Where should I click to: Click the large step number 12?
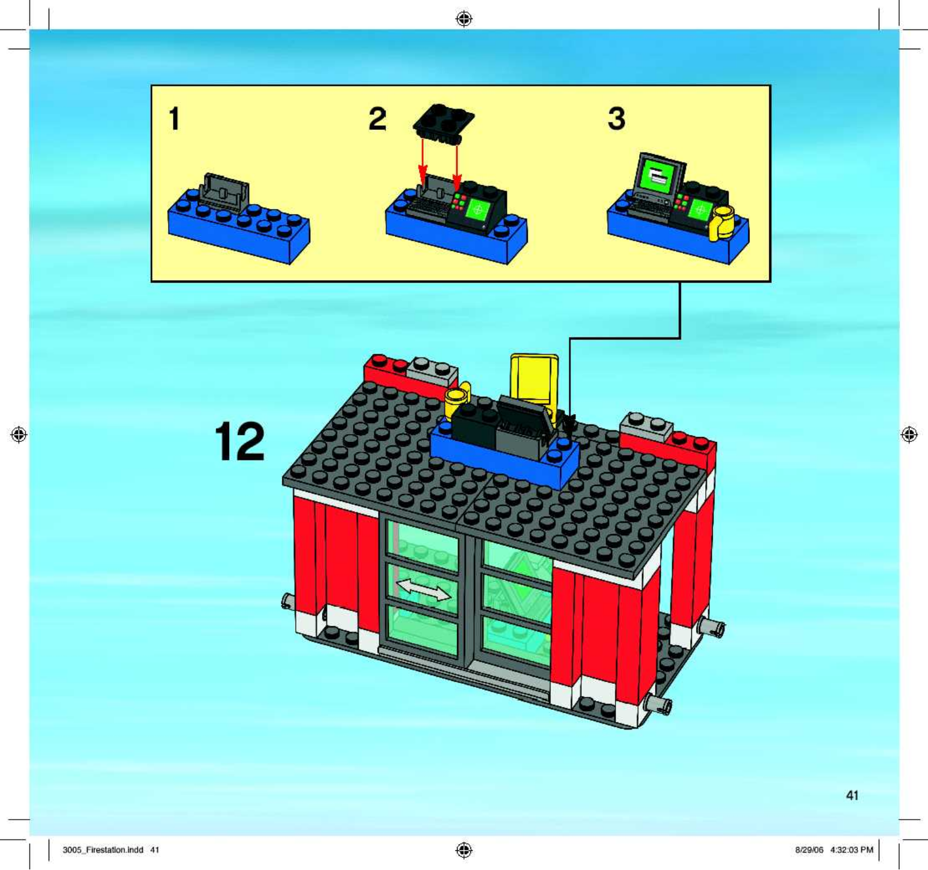(x=240, y=441)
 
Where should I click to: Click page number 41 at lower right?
(x=852, y=795)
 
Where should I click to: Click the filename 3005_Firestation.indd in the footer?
(x=103, y=850)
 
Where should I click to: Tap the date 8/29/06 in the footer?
(x=809, y=850)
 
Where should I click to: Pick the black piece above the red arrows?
(x=443, y=124)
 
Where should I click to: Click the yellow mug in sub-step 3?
(x=722, y=222)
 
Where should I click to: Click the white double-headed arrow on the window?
(x=423, y=589)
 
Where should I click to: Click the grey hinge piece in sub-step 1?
(x=224, y=192)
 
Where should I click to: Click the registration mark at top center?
(x=464, y=19)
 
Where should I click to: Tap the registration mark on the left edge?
(x=19, y=434)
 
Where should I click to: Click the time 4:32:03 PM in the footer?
(x=851, y=850)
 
